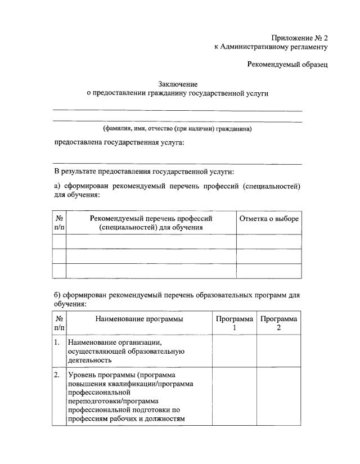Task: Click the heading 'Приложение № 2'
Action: click(x=299, y=38)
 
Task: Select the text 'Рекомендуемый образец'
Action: click(x=287, y=65)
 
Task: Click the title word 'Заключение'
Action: click(x=177, y=84)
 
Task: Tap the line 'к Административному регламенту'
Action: click(x=271, y=47)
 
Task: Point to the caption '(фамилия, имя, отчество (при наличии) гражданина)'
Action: click(x=177, y=129)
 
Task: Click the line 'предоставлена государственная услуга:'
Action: click(x=119, y=143)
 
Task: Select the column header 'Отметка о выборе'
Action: click(x=269, y=219)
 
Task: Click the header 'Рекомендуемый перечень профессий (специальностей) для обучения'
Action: click(x=151, y=223)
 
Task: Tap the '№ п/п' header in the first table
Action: click(x=59, y=223)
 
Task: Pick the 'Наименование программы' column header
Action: click(x=139, y=319)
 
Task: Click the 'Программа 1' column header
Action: click(x=235, y=323)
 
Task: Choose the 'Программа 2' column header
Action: click(x=279, y=323)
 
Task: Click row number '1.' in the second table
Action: click(x=57, y=343)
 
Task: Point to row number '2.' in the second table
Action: click(x=57, y=375)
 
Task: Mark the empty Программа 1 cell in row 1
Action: click(x=235, y=351)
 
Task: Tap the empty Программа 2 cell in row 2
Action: click(x=279, y=397)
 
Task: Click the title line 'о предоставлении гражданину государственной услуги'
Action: click(x=177, y=93)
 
